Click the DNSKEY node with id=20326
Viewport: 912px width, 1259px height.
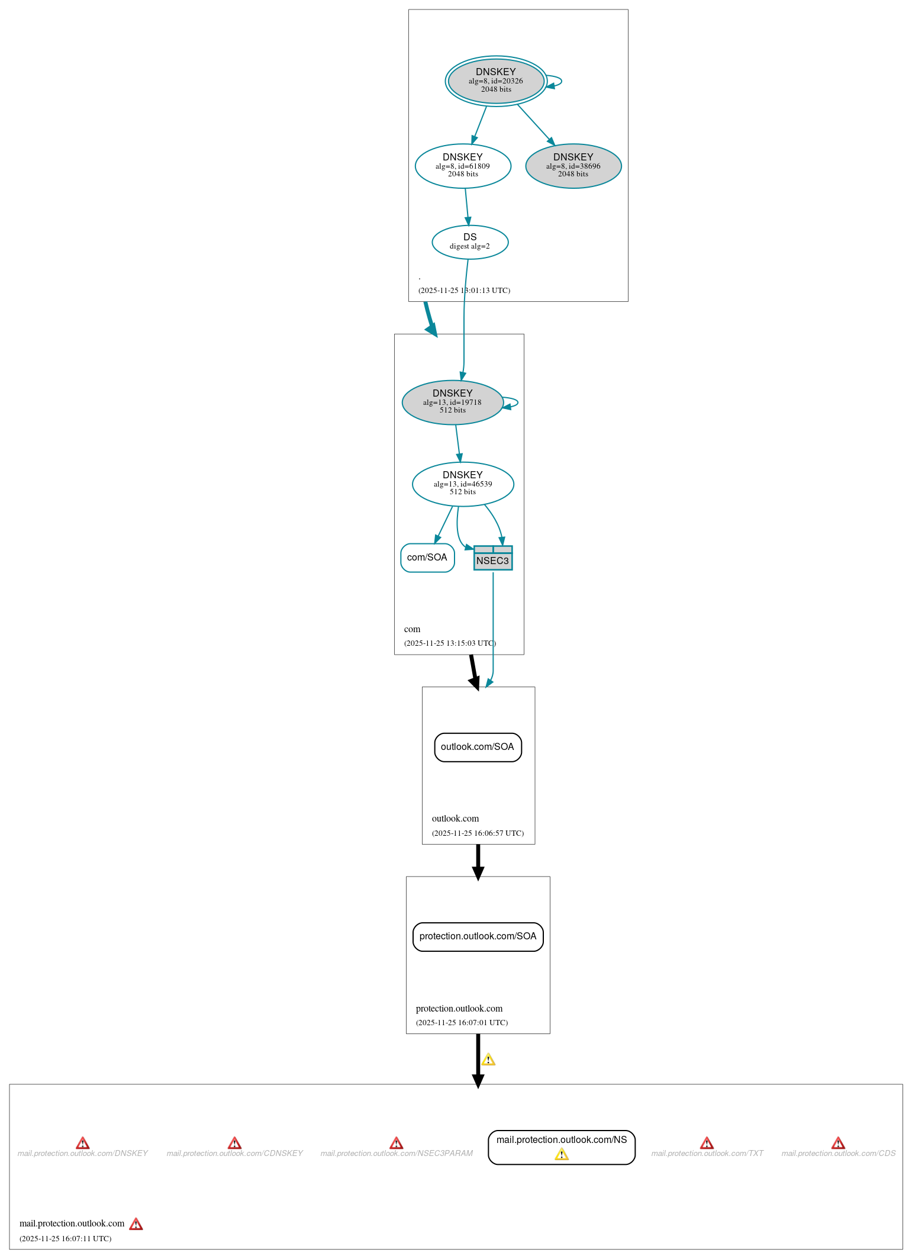pyautogui.click(x=495, y=81)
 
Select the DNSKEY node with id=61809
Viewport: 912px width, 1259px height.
pyautogui.click(x=463, y=166)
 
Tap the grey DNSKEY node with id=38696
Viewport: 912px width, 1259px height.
pyautogui.click(x=573, y=166)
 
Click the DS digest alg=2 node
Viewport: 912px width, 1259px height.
pyautogui.click(x=470, y=242)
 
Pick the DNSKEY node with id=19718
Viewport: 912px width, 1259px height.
pyautogui.click(x=452, y=402)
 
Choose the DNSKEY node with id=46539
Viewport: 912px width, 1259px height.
pyautogui.click(x=463, y=484)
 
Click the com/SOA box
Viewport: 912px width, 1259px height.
pyautogui.click(x=427, y=558)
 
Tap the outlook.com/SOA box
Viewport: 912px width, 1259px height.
pyautogui.click(x=478, y=747)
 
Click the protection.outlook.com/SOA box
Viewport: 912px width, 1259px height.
pyautogui.click(x=478, y=936)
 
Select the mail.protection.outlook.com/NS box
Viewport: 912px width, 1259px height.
pyautogui.click(x=561, y=1140)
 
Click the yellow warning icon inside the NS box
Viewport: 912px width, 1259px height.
pyautogui.click(x=561, y=1154)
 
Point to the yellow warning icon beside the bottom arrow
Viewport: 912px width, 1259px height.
pyautogui.click(x=488, y=1060)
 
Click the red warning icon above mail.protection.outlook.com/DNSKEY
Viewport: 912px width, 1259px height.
pyautogui.click(x=83, y=1143)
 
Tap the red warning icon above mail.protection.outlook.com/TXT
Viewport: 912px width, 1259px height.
pyautogui.click(x=707, y=1143)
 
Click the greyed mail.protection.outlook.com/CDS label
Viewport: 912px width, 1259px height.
pyautogui.click(x=838, y=1154)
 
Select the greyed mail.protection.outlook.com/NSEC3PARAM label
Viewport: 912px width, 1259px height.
pyautogui.click(x=397, y=1154)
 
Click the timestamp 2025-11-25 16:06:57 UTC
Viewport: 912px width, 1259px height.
pyautogui.click(x=478, y=833)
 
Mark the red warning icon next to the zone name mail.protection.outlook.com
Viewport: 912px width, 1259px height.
pyautogui.click(x=136, y=1224)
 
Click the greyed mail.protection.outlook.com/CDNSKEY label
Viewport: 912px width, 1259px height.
pyautogui.click(x=234, y=1154)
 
